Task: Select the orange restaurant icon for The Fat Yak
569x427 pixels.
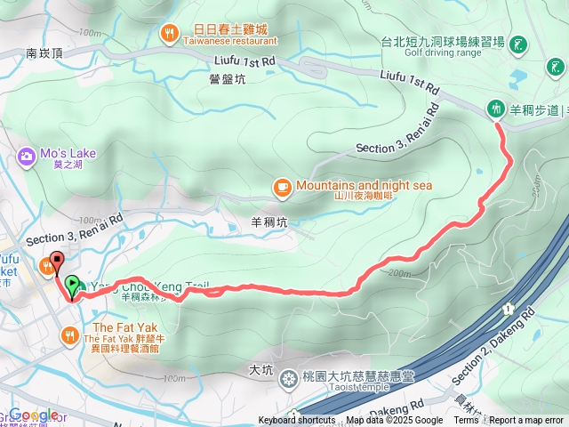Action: pos(69,334)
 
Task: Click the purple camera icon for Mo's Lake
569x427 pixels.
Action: pos(25,157)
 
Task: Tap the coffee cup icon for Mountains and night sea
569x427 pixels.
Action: pos(282,186)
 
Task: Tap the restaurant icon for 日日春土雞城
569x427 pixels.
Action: pos(169,34)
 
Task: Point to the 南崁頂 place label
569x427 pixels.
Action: pos(44,53)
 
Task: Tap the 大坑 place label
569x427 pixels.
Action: pos(260,368)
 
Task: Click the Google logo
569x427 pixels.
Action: pos(34,415)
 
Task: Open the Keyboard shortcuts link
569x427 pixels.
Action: pos(297,421)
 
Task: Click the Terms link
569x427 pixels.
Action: pos(466,421)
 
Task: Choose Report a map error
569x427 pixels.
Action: pos(526,421)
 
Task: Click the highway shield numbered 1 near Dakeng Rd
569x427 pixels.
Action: pos(507,310)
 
